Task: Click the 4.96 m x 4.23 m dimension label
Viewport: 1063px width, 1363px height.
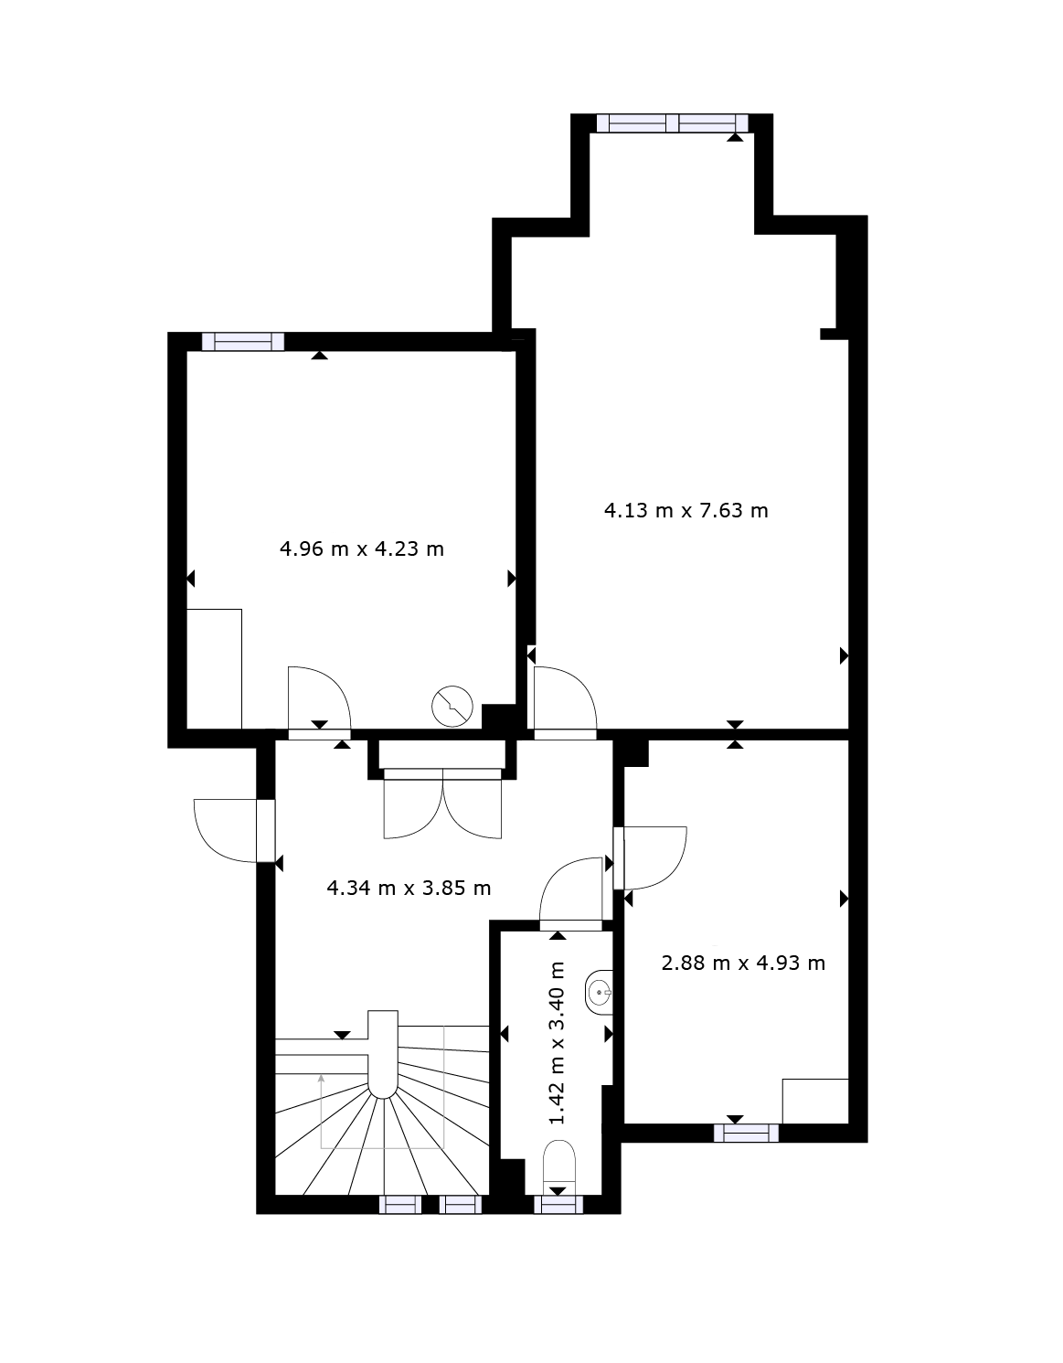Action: (362, 549)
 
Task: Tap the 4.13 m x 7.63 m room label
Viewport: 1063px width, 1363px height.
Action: (686, 511)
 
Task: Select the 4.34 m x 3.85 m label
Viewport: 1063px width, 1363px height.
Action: (409, 889)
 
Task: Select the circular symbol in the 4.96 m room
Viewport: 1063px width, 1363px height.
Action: (452, 707)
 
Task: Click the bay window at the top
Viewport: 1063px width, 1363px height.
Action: (673, 122)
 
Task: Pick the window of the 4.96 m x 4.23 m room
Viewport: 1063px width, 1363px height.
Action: (243, 342)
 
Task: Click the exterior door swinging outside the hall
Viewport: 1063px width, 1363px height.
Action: (233, 830)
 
